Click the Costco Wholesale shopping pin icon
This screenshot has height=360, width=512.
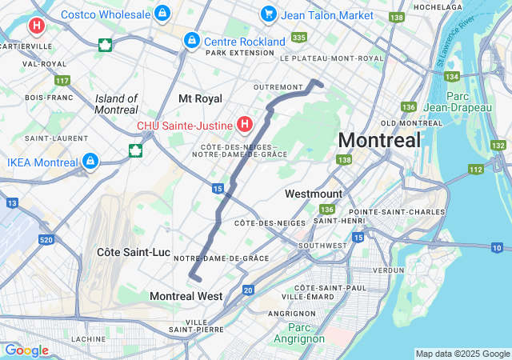pos(162,14)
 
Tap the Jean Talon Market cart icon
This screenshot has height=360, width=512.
pos(268,14)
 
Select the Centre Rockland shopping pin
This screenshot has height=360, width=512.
pos(191,40)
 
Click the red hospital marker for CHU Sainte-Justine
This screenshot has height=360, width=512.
pos(246,125)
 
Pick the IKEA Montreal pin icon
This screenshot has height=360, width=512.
pos(90,162)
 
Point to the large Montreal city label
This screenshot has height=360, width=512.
pos(378,140)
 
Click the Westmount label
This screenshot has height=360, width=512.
pos(314,194)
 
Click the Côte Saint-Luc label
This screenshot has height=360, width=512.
pos(134,252)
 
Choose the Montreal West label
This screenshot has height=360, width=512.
pos(186,296)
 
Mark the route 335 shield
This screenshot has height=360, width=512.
pos(299,38)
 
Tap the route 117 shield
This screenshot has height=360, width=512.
pos(62,80)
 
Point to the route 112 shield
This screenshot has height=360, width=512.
pos(476,169)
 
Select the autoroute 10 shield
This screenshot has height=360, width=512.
pos(497,248)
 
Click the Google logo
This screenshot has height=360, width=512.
pos(26,350)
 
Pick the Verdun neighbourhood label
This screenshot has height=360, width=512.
pos(388,270)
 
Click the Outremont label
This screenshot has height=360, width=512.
pos(278,86)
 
